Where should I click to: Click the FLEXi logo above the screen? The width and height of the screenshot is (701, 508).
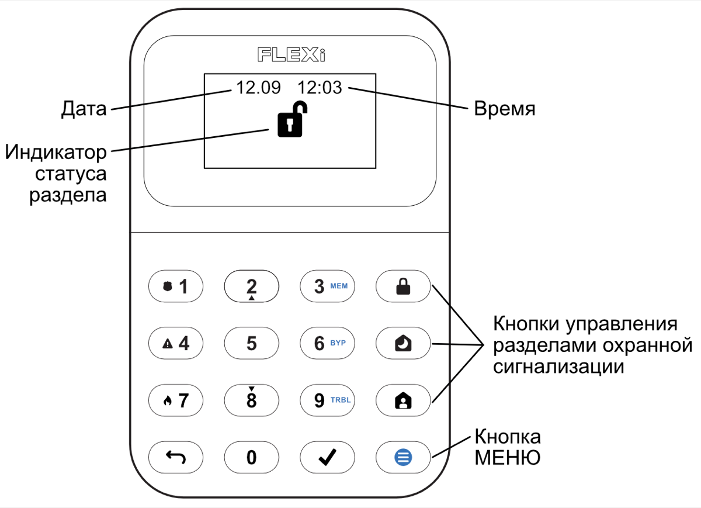click(x=291, y=54)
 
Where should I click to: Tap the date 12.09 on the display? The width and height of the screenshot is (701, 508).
click(x=258, y=88)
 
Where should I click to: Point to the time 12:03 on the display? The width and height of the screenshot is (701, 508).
click(x=319, y=88)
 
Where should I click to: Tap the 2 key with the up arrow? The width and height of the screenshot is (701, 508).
click(x=251, y=286)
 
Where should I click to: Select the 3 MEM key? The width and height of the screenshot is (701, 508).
click(x=327, y=286)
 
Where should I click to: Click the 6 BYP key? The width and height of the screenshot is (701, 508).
click(x=327, y=343)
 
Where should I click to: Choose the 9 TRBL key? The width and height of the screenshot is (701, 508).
click(x=327, y=400)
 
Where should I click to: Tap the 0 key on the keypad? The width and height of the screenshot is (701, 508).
click(x=251, y=457)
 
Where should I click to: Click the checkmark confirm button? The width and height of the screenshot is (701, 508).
click(x=327, y=457)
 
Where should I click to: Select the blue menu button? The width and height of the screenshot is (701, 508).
click(x=403, y=457)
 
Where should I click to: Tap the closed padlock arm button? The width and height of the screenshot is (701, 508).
click(x=403, y=286)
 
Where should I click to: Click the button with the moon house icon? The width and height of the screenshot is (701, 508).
click(x=403, y=343)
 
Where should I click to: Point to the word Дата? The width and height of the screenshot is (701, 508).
click(x=85, y=109)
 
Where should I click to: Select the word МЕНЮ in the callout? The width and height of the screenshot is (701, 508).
click(x=507, y=457)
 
